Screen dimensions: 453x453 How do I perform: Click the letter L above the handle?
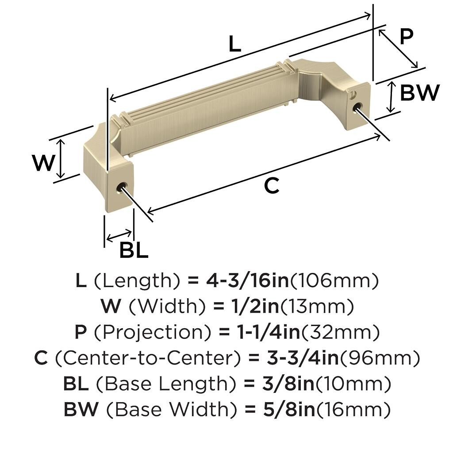(234, 44)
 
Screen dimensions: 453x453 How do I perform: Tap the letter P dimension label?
(407, 37)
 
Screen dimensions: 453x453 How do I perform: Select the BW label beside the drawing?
(420, 93)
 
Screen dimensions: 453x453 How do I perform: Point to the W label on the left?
(43, 163)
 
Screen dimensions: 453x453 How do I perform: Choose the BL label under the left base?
(134, 250)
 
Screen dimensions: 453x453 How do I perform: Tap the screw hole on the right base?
(357, 107)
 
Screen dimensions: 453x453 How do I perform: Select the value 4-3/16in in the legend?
(247, 280)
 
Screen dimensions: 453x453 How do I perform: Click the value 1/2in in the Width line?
(255, 306)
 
